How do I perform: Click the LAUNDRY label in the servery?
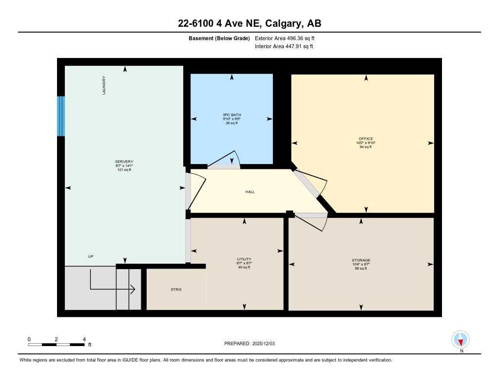[104, 85]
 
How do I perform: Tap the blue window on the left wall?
[61, 116]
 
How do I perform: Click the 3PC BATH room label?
[231, 115]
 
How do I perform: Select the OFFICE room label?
[365, 139]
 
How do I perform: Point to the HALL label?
[250, 192]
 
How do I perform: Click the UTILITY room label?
[244, 259]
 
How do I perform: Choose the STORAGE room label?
[361, 260]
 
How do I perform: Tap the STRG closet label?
[176, 290]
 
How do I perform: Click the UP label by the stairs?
[91, 257]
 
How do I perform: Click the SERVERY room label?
[124, 162]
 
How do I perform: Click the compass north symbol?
[461, 339]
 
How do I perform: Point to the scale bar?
[56, 345]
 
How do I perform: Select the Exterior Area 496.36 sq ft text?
[288, 38]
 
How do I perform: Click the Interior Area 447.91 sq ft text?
[284, 47]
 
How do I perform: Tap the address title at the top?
[249, 23]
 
